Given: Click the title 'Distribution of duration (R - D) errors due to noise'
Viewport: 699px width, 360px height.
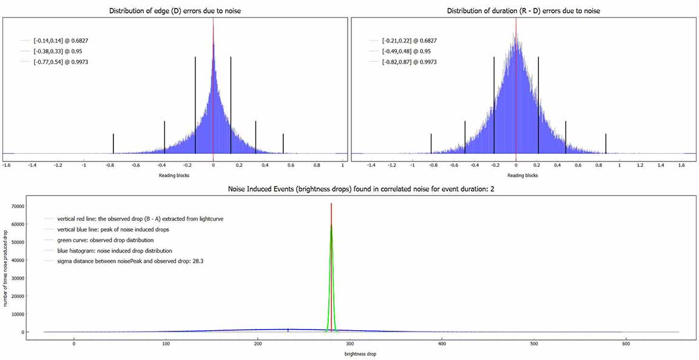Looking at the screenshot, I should pos(524,11).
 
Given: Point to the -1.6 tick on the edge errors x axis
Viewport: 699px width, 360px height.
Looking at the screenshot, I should pos(7,165).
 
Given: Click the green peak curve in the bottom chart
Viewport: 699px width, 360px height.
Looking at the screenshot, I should pos(331,255).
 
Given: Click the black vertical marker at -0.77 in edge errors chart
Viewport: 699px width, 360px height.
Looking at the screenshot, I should pos(113,144).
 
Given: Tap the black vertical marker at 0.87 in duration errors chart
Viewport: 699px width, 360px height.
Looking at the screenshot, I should pos(606,144).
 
